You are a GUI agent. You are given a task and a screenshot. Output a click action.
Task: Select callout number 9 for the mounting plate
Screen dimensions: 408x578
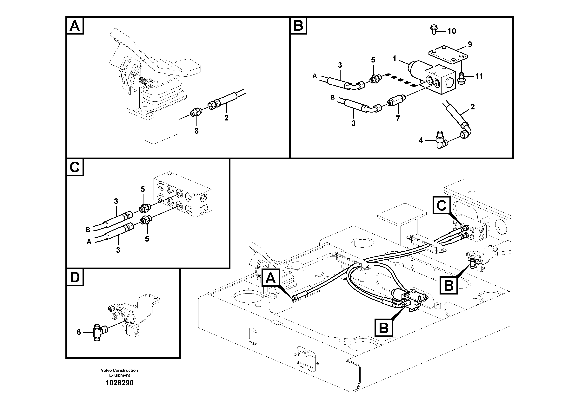pos(470,44)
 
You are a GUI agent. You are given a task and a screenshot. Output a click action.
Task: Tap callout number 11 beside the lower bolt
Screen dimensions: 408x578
pos(479,76)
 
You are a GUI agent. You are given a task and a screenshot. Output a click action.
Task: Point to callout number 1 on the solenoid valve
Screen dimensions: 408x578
pos(395,59)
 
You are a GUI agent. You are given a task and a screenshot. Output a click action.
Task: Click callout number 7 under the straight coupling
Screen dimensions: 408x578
pos(398,119)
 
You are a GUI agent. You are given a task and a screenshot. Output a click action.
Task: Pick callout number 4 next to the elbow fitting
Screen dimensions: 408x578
pos(421,140)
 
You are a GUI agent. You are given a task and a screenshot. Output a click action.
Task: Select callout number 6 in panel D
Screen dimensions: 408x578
pos(79,333)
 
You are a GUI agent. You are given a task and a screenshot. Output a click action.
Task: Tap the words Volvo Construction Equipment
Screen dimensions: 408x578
pos(119,372)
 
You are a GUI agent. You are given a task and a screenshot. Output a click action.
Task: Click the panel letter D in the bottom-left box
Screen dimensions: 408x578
pos(75,277)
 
